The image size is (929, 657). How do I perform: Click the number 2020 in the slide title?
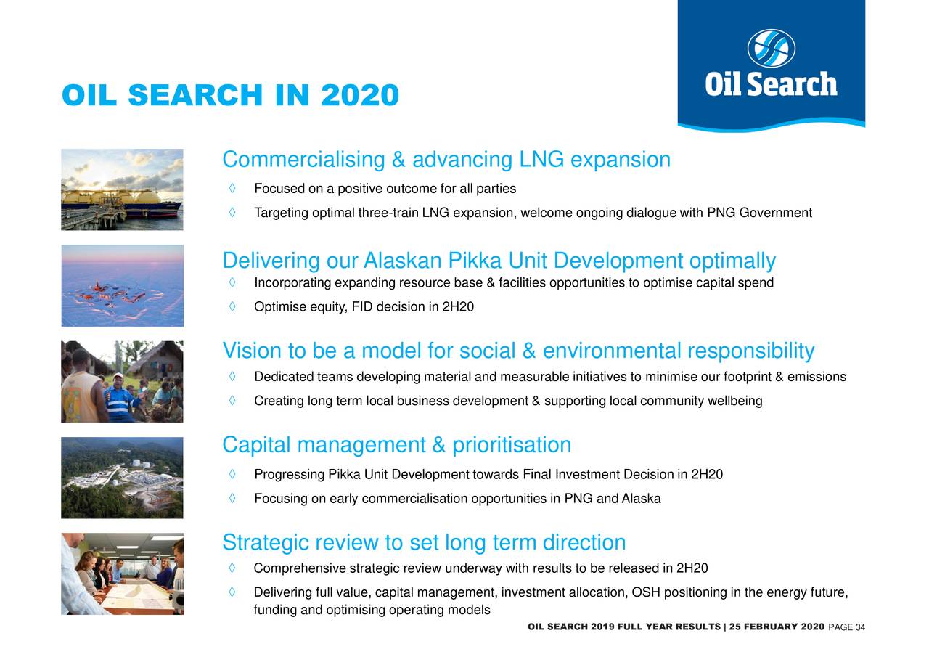point(359,95)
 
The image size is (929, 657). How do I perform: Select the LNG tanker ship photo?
point(122,189)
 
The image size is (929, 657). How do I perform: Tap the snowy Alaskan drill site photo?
point(123,285)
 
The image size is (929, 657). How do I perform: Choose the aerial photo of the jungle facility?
point(122,478)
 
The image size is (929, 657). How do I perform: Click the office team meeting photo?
point(123,574)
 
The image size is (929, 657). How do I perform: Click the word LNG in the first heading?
point(541,160)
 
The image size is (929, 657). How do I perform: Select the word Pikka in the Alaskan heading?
point(475,261)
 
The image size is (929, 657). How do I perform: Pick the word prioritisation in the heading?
point(512,445)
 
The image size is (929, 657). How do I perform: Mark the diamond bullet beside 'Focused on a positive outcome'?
point(232,188)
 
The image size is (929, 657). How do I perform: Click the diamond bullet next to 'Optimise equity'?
point(232,306)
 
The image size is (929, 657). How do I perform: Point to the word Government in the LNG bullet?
point(775,213)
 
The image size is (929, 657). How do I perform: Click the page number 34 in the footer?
point(860,627)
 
